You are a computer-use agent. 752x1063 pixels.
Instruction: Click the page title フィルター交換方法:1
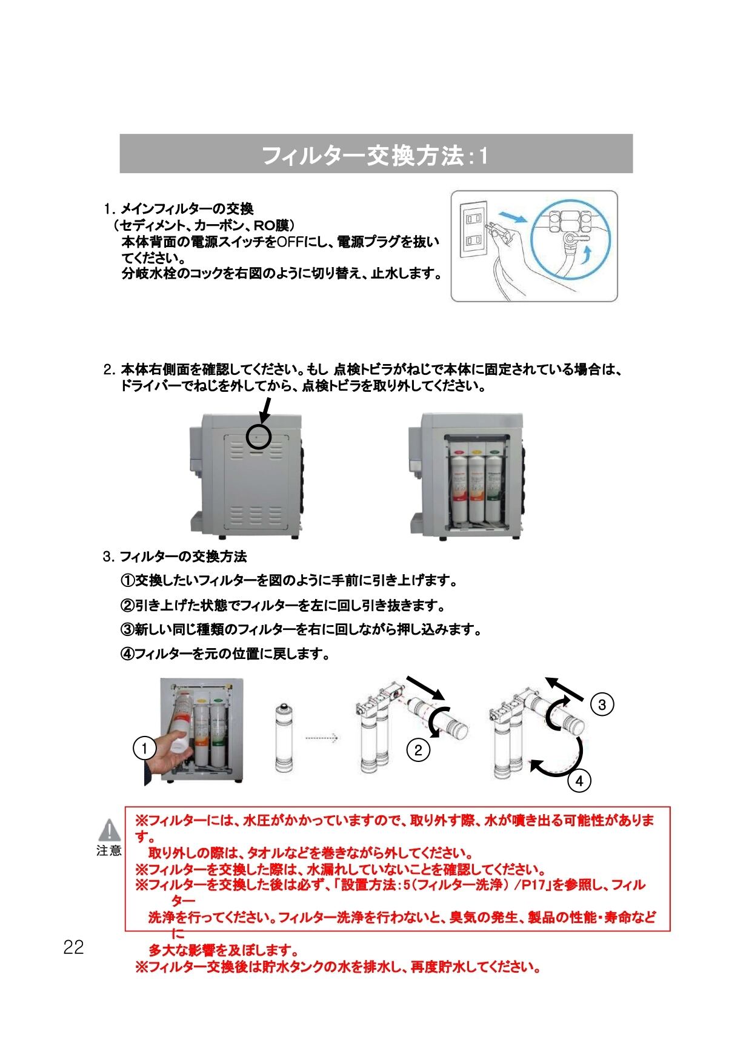tap(376, 156)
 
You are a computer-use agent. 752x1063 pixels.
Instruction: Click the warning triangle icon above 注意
tap(110, 830)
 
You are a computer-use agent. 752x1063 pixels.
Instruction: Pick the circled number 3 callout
tap(602, 704)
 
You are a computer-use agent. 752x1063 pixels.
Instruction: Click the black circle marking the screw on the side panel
tap(259, 436)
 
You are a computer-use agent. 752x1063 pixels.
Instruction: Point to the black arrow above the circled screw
tap(265, 413)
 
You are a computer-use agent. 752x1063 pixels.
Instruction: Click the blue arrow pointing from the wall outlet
tap(508, 217)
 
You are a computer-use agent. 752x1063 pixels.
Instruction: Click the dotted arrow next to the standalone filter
tap(320, 738)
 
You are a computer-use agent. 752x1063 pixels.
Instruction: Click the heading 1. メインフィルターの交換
tap(178, 210)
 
